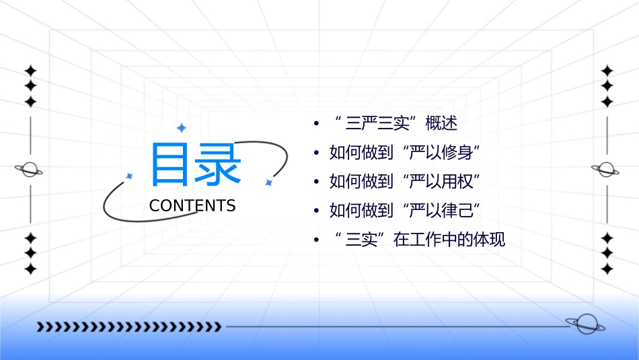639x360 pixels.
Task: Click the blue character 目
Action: [x=172, y=164]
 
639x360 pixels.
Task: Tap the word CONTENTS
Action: [x=192, y=206]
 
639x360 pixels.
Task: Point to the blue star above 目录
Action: [x=181, y=127]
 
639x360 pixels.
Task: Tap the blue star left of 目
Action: [x=130, y=176]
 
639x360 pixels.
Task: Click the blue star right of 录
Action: [x=268, y=182]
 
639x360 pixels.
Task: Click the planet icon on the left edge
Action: [x=30, y=170]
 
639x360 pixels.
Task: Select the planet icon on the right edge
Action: [x=606, y=170]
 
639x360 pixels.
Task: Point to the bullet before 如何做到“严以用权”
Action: [x=316, y=182]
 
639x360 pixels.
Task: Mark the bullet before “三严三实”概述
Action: [x=316, y=124]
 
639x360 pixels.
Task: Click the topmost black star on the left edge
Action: [x=30, y=70]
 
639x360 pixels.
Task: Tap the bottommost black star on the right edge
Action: [x=607, y=268]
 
